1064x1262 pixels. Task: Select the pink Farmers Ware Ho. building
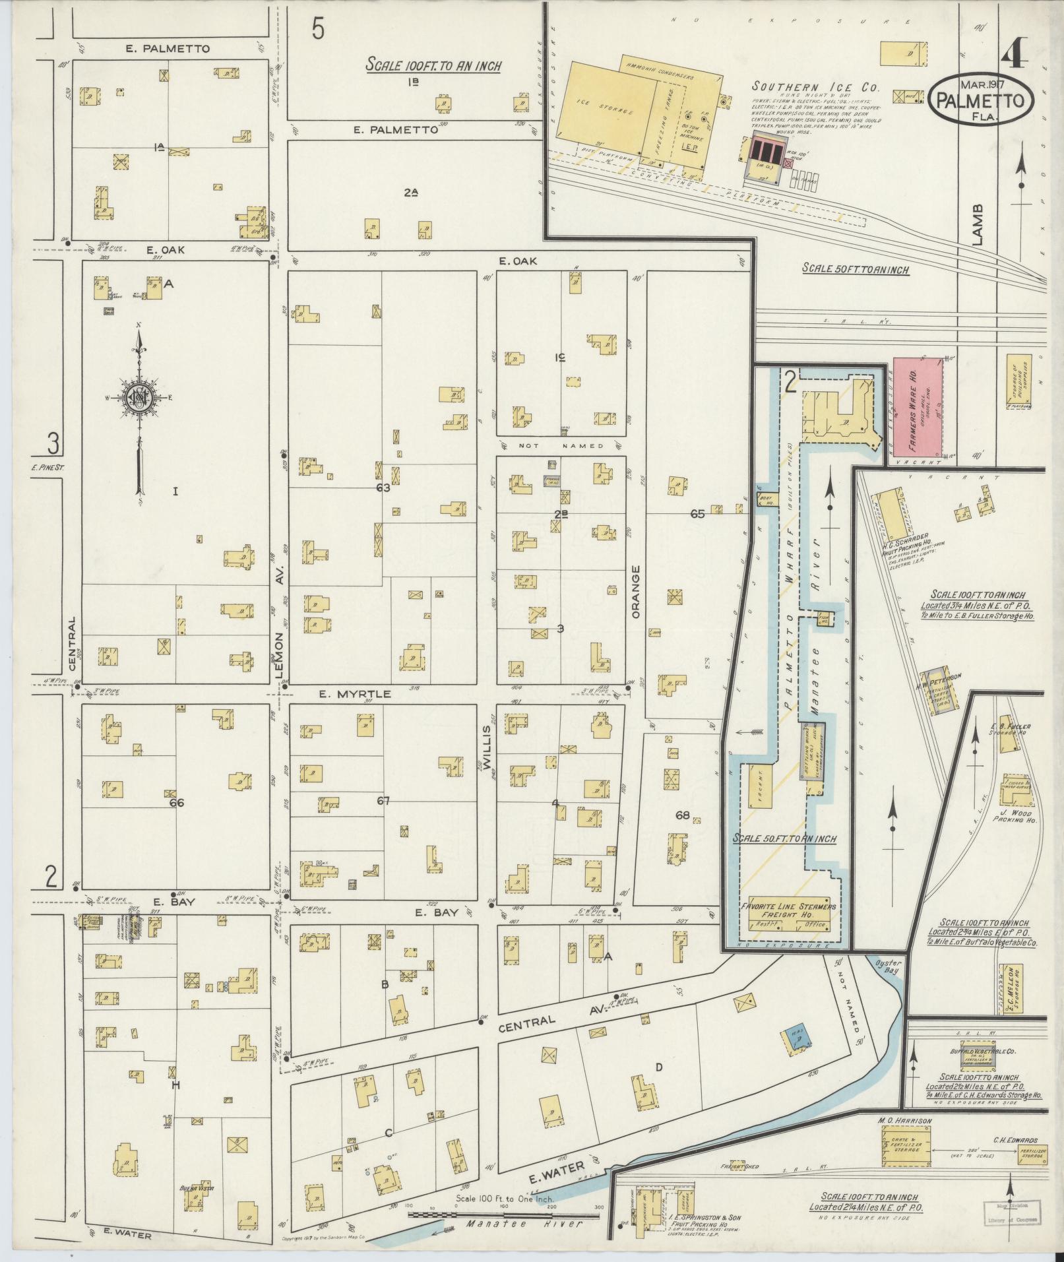(916, 409)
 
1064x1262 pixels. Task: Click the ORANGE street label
(637, 591)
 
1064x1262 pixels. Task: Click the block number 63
(383, 488)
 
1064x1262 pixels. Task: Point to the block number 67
(383, 801)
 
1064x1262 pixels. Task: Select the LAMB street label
(978, 224)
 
